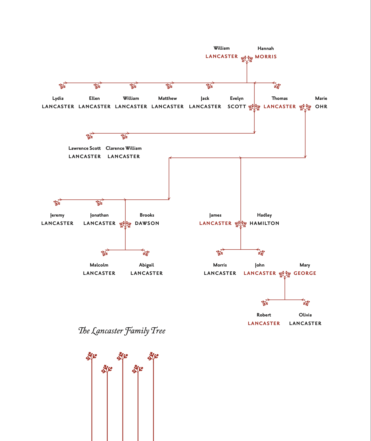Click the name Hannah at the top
pyautogui.click(x=266, y=48)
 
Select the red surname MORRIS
pyautogui.click(x=266, y=57)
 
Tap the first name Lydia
pyautogui.click(x=58, y=99)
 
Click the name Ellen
pyautogui.click(x=94, y=98)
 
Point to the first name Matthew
pyautogui.click(x=168, y=98)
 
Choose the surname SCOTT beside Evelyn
pyautogui.click(x=237, y=107)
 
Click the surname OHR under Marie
pyautogui.click(x=321, y=107)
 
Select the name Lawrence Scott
pyautogui.click(x=85, y=148)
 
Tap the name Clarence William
pyautogui.click(x=124, y=148)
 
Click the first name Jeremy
pyautogui.click(x=57, y=215)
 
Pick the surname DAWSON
pyautogui.click(x=147, y=223)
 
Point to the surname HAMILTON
pyautogui.click(x=264, y=223)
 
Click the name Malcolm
pyautogui.click(x=99, y=265)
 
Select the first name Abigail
pyautogui.click(x=146, y=265)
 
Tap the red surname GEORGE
pyautogui.click(x=305, y=273)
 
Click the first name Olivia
pyautogui.click(x=305, y=315)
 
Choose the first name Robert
pyautogui.click(x=264, y=315)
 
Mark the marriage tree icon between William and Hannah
pyautogui.click(x=247, y=60)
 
